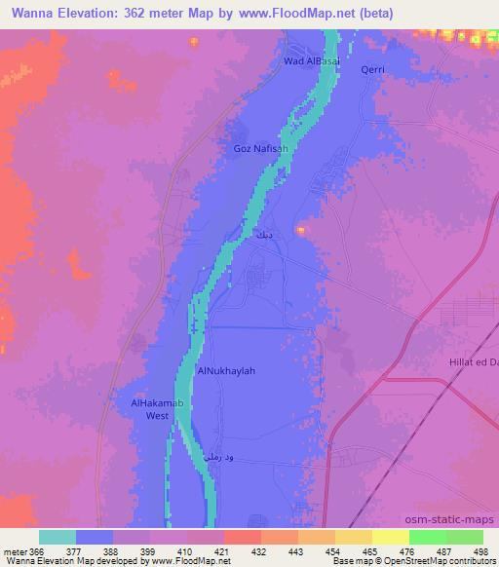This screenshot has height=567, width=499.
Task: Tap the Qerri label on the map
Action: click(374, 70)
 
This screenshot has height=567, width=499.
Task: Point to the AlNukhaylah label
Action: click(226, 371)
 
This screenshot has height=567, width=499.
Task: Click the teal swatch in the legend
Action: click(57, 537)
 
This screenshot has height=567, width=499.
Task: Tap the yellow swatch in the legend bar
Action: click(389, 537)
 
